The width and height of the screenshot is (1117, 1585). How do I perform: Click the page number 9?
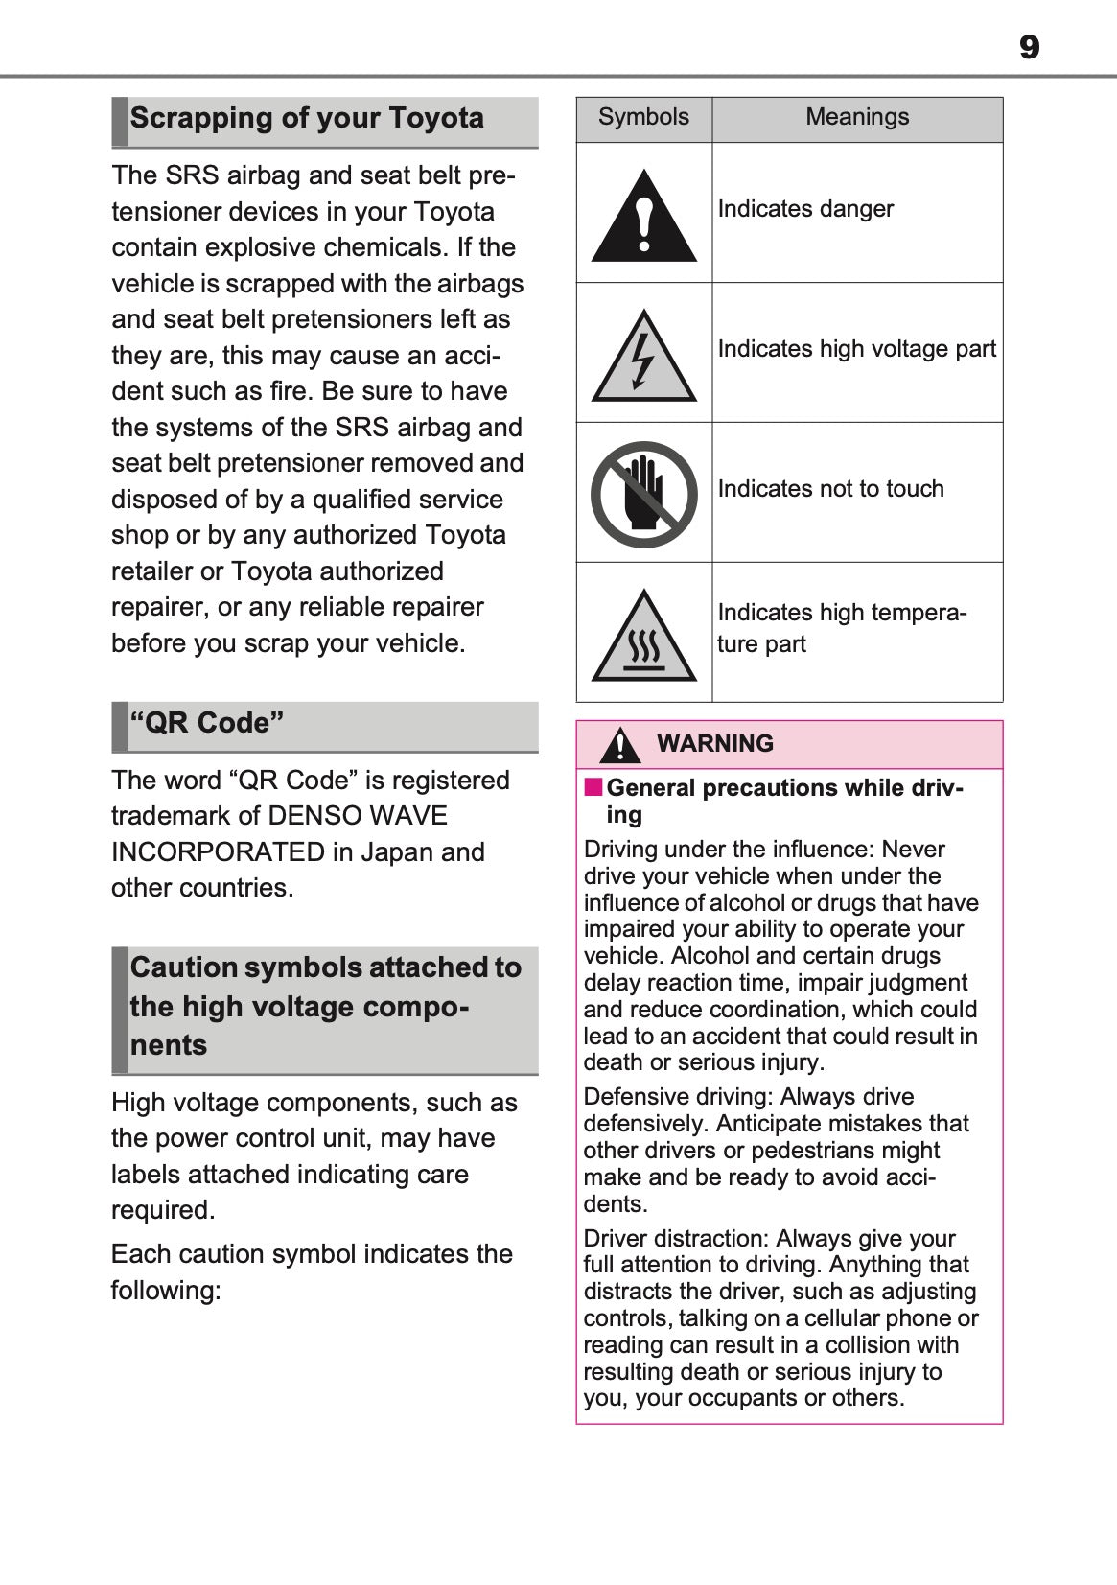pyautogui.click(x=1029, y=47)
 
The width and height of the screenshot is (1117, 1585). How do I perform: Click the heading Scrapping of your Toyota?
pyautogui.click(x=307, y=119)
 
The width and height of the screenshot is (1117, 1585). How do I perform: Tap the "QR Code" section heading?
pyautogui.click(x=207, y=723)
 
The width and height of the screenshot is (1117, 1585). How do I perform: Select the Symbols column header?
pyautogui.click(x=643, y=117)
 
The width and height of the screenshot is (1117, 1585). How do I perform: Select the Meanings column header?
pyautogui.click(x=856, y=117)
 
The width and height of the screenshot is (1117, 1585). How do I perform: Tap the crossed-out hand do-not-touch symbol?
pyautogui.click(x=643, y=494)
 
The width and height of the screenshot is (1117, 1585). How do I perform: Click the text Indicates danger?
pyautogui.click(x=805, y=209)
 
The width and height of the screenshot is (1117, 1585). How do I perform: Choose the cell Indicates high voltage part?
pyautogui.click(x=856, y=349)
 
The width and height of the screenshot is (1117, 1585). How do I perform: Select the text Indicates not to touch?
pyautogui.click(x=830, y=489)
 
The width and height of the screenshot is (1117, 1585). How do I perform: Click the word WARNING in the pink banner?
pyautogui.click(x=715, y=744)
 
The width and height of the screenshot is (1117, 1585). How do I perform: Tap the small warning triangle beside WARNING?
pyautogui.click(x=621, y=746)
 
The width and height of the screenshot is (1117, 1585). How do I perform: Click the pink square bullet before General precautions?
pyautogui.click(x=593, y=787)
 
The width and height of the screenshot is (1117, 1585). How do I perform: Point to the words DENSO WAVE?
pyautogui.click(x=358, y=816)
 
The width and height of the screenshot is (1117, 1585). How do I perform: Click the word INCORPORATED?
pyautogui.click(x=218, y=852)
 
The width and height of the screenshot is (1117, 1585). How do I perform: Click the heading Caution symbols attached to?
pyautogui.click(x=325, y=967)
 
